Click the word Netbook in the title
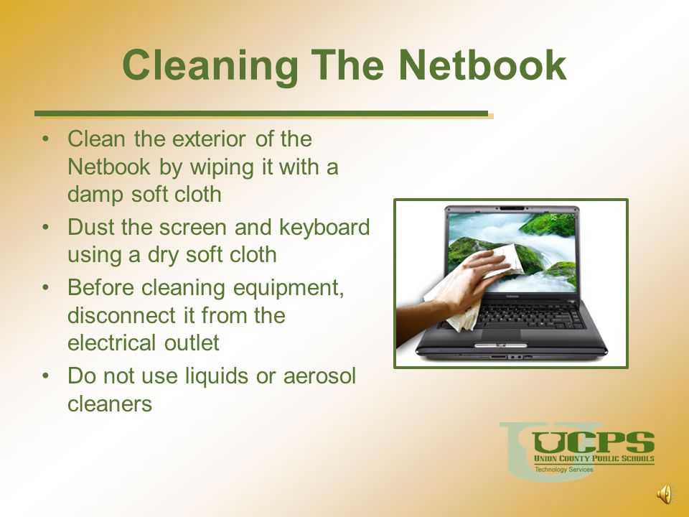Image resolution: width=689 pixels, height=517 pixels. click(x=482, y=65)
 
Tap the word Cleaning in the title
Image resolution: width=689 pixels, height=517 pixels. click(x=210, y=66)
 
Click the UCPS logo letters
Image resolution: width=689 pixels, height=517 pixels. click(x=594, y=442)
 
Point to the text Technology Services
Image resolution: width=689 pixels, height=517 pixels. click(x=564, y=469)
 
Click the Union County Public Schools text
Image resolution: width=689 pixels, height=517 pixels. click(x=594, y=459)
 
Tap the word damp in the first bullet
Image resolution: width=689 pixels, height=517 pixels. click(x=95, y=195)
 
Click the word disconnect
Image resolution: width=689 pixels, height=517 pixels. click(x=116, y=315)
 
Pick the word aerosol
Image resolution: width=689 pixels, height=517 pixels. click(x=319, y=376)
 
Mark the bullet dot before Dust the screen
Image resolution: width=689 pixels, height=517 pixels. click(x=45, y=228)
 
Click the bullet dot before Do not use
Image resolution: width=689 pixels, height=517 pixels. click(x=45, y=376)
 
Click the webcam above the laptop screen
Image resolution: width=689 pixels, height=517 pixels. click(x=512, y=208)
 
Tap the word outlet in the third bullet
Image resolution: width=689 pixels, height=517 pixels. click(x=192, y=343)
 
